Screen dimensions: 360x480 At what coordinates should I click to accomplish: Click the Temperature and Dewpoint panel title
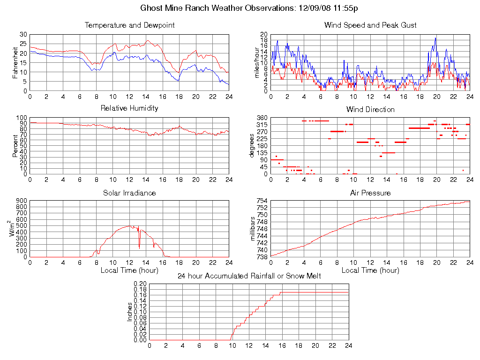tap(129, 25)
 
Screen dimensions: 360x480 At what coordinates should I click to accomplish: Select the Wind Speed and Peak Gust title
tap(370, 25)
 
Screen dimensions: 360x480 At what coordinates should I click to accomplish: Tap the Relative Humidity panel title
tap(129, 108)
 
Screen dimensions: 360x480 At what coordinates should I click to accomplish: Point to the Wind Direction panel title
tap(370, 110)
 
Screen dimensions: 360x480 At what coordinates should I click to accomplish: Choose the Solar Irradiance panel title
tap(129, 193)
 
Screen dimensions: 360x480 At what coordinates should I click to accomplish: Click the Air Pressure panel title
tap(370, 193)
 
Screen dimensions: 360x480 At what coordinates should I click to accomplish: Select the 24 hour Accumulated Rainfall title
tap(249, 276)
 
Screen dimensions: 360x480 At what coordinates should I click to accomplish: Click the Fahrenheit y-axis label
tap(15, 62)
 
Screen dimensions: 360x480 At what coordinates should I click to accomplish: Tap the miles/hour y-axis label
tap(256, 62)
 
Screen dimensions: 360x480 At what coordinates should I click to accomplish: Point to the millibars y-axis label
tap(253, 229)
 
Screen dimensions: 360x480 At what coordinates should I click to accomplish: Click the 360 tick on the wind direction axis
tap(261, 118)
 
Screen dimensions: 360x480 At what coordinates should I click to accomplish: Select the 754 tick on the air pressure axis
tap(261, 201)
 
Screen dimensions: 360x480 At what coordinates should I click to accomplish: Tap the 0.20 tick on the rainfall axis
tap(140, 284)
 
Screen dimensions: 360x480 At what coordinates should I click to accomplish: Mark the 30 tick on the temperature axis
tap(23, 35)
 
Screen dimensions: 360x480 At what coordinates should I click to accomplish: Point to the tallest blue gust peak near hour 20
tap(435, 38)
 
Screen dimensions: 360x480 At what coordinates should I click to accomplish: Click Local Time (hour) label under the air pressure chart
tap(370, 270)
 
